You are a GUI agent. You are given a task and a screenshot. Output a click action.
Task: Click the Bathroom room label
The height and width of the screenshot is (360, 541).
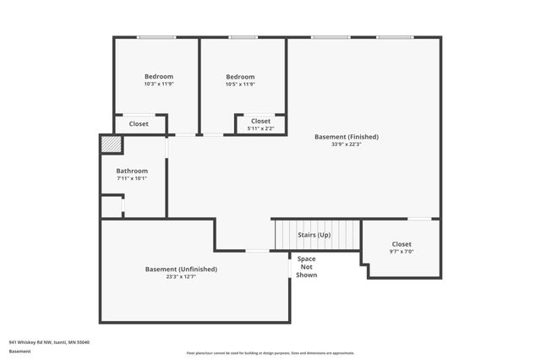point(131,171)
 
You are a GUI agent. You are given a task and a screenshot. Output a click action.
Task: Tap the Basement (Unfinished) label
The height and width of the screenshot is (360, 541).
point(181,269)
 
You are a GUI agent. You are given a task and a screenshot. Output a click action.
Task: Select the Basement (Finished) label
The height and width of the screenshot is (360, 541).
point(346,136)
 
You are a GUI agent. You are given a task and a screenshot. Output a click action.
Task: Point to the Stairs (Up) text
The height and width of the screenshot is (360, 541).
point(314,234)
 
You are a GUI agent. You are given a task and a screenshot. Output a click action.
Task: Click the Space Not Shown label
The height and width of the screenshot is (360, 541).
point(306,266)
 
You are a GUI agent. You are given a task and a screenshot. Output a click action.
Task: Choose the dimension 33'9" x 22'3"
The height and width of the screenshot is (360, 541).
point(346,144)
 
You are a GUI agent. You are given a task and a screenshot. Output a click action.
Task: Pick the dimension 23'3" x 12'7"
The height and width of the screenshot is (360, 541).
point(181,276)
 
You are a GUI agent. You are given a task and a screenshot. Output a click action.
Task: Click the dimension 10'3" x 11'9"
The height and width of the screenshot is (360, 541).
point(158,85)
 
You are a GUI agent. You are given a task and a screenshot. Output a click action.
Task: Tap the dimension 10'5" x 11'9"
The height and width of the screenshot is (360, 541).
point(240,85)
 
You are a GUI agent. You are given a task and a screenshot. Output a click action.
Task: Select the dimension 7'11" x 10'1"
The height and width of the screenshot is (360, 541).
point(131,178)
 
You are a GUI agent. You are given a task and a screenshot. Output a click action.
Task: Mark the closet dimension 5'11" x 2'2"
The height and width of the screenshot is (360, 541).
point(260,128)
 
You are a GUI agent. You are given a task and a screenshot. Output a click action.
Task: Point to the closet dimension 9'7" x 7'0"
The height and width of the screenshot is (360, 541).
point(402,251)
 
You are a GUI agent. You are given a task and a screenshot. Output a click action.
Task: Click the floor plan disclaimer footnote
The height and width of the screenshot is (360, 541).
point(270,353)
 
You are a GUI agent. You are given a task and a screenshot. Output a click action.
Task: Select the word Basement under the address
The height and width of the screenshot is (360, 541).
point(19,350)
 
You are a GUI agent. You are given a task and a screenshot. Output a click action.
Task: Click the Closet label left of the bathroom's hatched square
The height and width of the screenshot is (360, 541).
point(139,123)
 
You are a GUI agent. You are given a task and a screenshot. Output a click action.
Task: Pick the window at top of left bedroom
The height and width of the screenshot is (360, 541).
point(156,37)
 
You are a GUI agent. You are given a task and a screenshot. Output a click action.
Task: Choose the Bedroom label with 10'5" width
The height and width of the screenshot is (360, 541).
point(240,77)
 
